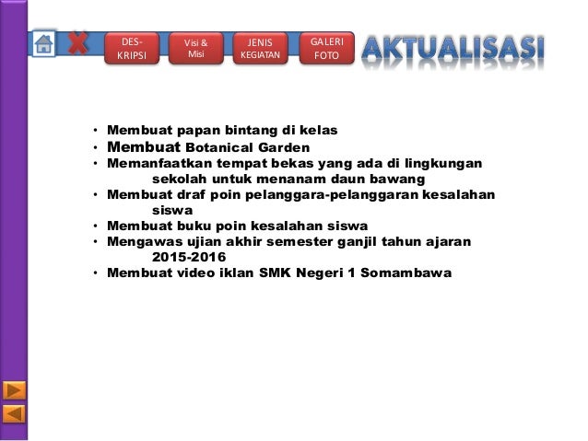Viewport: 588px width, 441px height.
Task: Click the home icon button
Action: (x=43, y=43)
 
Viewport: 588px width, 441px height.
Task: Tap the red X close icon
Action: (x=79, y=42)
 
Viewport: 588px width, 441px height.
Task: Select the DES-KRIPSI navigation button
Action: (x=133, y=49)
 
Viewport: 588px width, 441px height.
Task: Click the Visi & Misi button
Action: (x=196, y=49)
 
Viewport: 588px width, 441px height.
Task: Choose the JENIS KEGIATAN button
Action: (x=260, y=49)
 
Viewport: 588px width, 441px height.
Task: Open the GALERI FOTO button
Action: (x=326, y=49)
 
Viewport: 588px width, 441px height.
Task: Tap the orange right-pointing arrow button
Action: (x=14, y=389)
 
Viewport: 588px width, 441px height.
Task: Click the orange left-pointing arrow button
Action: (x=14, y=413)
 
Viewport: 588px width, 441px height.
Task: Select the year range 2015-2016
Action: (x=194, y=257)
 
